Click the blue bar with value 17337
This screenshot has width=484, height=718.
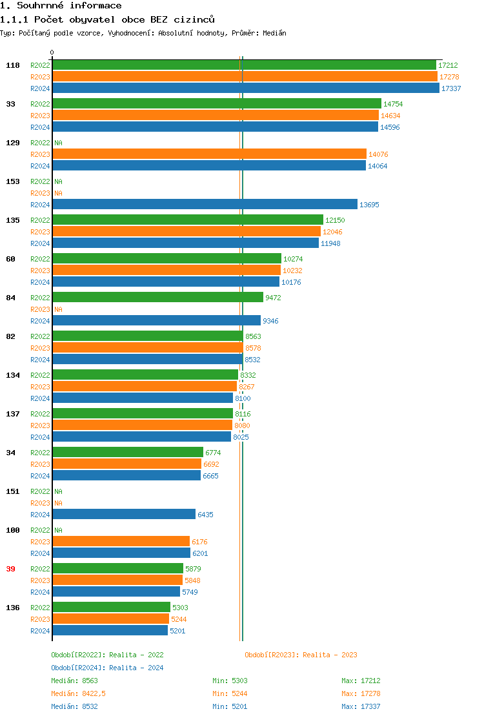point(245,88)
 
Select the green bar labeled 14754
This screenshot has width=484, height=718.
point(217,103)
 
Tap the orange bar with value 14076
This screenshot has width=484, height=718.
point(209,154)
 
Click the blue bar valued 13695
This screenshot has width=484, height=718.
point(205,204)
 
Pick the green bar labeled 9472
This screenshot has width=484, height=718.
point(157,298)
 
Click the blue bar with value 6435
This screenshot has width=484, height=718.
point(124,514)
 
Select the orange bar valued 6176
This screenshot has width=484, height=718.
point(121,541)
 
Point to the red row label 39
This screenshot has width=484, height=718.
point(11,569)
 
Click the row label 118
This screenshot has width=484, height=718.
point(13,65)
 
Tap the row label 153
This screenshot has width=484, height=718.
point(13,181)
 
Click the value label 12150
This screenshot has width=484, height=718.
point(335,220)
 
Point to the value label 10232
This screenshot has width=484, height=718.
point(292,271)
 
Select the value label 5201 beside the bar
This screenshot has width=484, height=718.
point(177,631)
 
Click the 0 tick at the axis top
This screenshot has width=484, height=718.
point(52,53)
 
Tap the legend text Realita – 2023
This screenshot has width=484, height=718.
point(330,655)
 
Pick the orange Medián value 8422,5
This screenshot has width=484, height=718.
point(94,693)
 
